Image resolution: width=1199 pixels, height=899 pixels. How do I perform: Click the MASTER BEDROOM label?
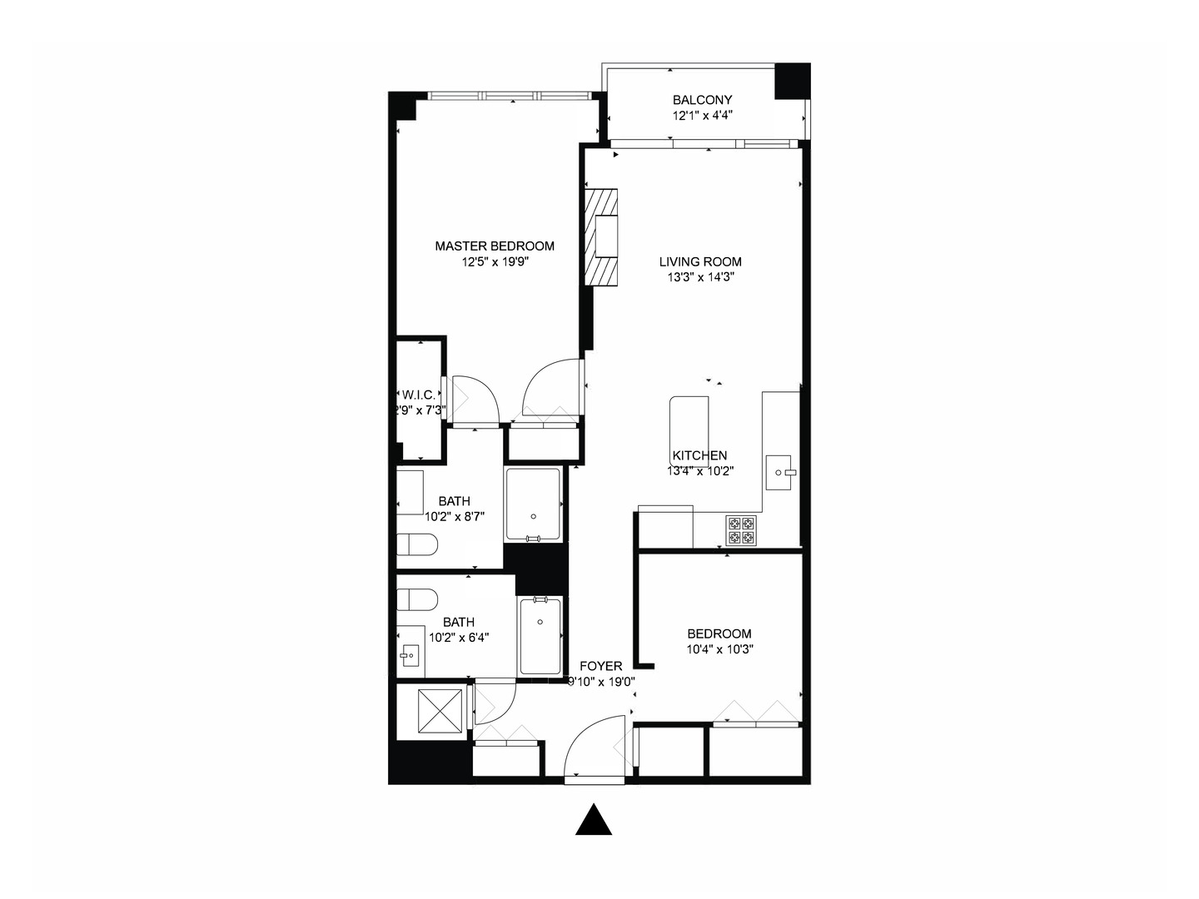click(495, 246)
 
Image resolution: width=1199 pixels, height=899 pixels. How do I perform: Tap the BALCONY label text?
click(702, 100)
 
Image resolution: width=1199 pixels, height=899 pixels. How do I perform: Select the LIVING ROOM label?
click(699, 261)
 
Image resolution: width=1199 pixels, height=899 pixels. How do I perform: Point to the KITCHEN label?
click(699, 455)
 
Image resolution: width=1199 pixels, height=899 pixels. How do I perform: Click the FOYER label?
click(600, 666)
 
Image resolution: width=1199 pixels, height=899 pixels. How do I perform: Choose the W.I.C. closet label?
click(419, 395)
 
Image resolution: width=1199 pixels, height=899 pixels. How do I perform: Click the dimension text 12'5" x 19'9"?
click(496, 262)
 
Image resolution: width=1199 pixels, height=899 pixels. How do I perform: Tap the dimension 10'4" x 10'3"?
click(719, 649)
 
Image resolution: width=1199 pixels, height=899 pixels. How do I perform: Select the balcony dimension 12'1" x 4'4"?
click(702, 117)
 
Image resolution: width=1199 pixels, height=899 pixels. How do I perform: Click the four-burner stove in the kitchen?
click(741, 531)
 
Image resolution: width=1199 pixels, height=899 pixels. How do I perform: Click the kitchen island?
click(689, 425)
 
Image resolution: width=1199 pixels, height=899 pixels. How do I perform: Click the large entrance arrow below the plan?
click(594, 821)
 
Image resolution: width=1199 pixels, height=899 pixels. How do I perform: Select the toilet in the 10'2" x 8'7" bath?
click(417, 546)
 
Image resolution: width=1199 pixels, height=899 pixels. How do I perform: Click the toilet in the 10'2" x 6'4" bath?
click(417, 600)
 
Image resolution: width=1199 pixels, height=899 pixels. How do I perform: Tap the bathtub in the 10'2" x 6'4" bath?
click(540, 636)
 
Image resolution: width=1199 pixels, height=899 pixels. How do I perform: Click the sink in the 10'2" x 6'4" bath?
click(410, 656)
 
